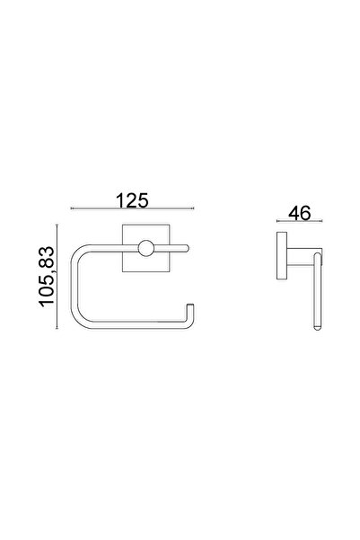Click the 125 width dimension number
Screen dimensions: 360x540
tap(132, 200)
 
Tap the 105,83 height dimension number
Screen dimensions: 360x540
tap(47, 276)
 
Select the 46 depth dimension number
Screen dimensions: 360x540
tap(300, 213)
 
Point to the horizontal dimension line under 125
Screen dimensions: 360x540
tap(132, 208)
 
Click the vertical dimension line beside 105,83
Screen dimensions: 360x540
tap(57, 276)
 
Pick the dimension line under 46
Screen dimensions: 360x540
tap(300, 221)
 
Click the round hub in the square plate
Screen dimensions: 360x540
tap(146, 248)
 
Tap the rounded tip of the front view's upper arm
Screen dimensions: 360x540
tap(187, 248)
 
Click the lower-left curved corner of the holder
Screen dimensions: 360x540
tap(78, 319)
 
